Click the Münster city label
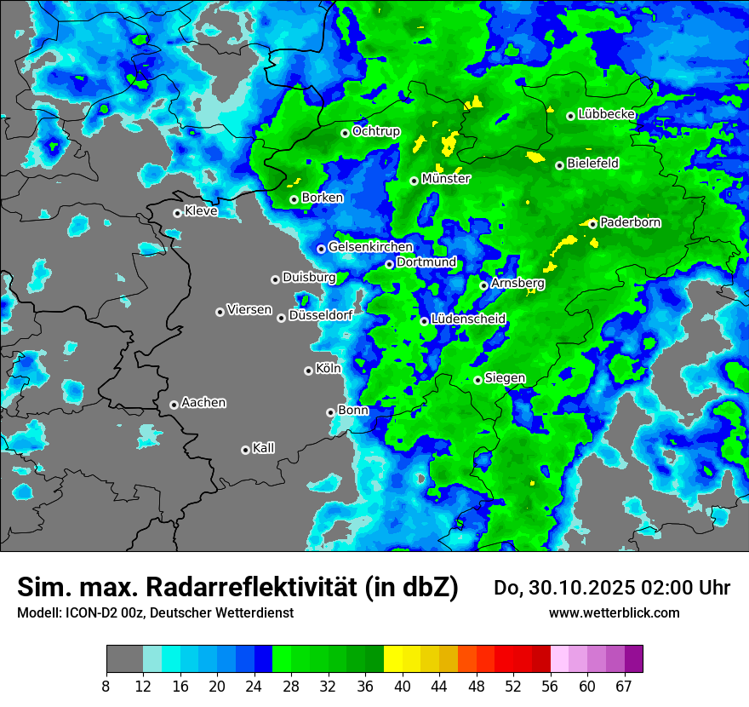pos(446,179)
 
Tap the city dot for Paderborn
pos(593,224)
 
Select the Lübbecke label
pos(607,113)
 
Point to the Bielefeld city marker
pos(560,165)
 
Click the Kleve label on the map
pos(201,210)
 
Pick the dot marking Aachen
pos(174,405)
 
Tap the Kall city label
pos(264,447)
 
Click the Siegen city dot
pos(478,380)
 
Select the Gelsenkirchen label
pos(370,247)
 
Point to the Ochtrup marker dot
pos(346,133)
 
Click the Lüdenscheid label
pos(469,319)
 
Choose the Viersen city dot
pos(220,312)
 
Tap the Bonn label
pos(353,410)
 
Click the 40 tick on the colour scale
pos(403,687)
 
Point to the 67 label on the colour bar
pos(624,687)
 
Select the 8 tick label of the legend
pos(106,687)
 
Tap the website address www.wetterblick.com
pos(614,612)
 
